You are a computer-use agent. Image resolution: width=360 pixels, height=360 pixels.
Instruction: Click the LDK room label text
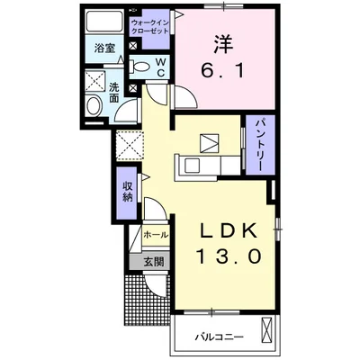[229, 228]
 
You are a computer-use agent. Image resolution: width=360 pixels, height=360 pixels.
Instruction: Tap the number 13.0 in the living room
[229, 256]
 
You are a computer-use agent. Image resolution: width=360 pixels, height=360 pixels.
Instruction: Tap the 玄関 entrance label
[152, 262]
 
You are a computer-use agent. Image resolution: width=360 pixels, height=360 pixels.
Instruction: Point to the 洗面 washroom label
[115, 93]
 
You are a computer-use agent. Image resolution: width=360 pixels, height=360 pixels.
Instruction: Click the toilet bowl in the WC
[142, 66]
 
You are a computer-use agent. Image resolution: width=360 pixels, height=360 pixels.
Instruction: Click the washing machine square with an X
[92, 81]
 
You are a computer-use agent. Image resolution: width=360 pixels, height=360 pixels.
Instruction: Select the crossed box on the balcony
[267, 332]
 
